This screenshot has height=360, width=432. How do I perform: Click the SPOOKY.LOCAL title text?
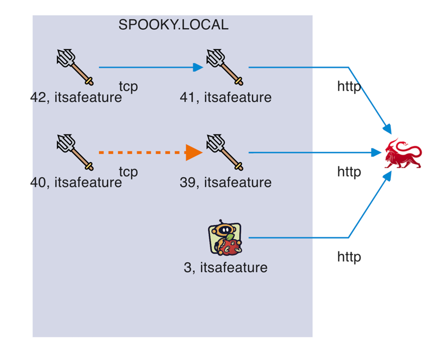(x=173, y=25)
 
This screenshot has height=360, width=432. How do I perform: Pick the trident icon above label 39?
(x=224, y=151)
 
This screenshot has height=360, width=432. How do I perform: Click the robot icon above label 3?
(x=225, y=238)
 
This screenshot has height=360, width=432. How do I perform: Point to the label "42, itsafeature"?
(x=76, y=97)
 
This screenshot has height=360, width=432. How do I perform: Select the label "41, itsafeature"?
(x=226, y=97)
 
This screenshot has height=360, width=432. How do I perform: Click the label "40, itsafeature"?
(x=76, y=182)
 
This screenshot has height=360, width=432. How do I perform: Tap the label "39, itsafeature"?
(x=226, y=182)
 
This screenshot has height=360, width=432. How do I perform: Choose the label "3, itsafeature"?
(x=226, y=267)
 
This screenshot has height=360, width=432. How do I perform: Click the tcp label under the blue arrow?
(x=128, y=87)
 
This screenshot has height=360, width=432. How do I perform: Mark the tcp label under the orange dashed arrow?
(x=128, y=172)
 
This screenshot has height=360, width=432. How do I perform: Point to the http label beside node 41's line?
(x=349, y=87)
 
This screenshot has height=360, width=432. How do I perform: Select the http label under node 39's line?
(x=349, y=172)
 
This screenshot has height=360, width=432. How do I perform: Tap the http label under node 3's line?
(x=349, y=257)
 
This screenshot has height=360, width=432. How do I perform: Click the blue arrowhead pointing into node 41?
(x=197, y=67)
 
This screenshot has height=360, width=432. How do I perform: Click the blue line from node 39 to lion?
(x=309, y=152)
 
